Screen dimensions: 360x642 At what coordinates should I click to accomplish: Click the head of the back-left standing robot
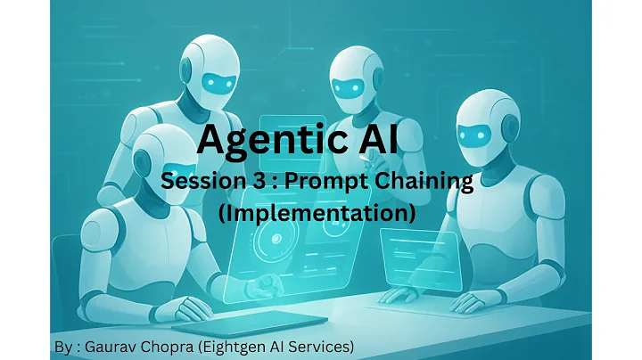click(215, 70)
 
